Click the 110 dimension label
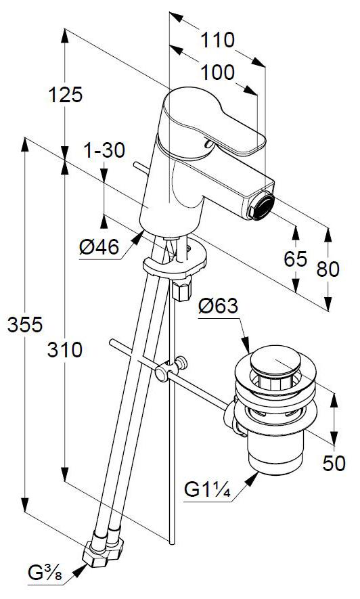(217, 40)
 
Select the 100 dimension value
(217, 72)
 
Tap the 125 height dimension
(65, 94)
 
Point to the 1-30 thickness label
(104, 150)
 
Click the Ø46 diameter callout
(99, 247)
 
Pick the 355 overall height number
(25, 325)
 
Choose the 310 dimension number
(64, 350)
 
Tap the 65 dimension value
(296, 259)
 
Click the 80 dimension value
(328, 269)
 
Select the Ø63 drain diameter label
(218, 306)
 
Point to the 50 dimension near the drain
(334, 463)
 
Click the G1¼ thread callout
(208, 489)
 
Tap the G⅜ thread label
(45, 573)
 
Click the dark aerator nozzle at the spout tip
(261, 206)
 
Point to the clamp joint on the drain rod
(171, 368)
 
